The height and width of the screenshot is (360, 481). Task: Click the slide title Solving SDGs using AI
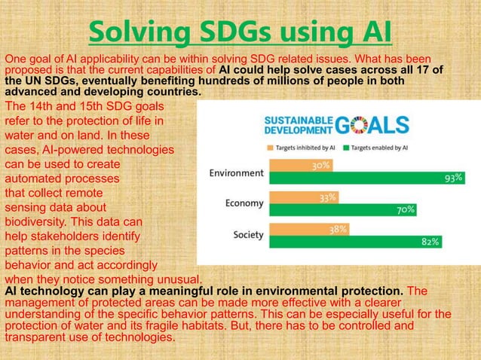point(240,32)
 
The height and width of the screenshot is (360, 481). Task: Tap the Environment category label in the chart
point(236,172)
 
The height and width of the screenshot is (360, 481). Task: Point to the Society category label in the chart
point(247,235)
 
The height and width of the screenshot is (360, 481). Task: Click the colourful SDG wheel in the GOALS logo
point(357,124)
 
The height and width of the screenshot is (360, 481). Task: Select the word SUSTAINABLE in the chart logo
point(295,118)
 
